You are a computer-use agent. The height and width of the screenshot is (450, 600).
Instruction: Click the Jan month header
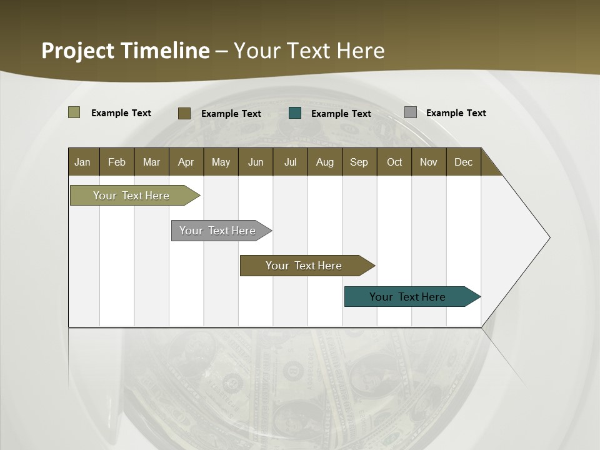(x=83, y=162)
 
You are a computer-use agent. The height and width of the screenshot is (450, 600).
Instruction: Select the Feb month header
(x=117, y=162)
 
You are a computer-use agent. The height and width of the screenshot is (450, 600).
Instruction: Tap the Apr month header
(x=186, y=162)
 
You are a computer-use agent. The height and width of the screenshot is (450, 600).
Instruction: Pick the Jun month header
(x=256, y=162)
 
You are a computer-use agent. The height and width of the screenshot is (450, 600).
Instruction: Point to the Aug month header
(x=325, y=162)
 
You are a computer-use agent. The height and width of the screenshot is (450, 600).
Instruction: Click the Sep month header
(x=359, y=162)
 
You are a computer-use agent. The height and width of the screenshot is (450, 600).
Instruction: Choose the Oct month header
(x=394, y=162)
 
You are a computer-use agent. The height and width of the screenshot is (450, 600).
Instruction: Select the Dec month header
(x=464, y=162)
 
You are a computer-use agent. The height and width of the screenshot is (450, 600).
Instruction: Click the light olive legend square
(x=74, y=112)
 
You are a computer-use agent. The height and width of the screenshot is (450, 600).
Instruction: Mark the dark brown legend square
(x=184, y=113)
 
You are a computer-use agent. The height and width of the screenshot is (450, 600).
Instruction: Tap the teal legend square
(x=295, y=113)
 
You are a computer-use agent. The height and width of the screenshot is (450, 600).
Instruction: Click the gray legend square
(x=411, y=112)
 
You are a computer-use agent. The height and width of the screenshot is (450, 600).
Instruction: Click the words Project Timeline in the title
(x=125, y=51)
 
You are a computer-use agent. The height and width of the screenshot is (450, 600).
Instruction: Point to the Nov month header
(x=429, y=162)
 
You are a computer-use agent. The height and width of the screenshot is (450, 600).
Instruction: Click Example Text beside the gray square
(x=456, y=113)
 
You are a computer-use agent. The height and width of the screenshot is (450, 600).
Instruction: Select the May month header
(x=221, y=162)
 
